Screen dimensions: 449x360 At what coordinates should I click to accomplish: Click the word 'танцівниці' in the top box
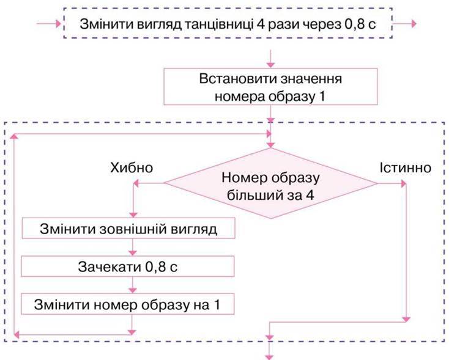[x=218, y=24]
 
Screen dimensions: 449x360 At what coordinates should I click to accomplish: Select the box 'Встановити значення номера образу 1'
[x=270, y=87]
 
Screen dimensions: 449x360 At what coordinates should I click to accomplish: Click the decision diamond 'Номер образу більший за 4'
[x=270, y=183]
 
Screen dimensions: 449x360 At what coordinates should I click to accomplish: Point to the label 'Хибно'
[x=132, y=167]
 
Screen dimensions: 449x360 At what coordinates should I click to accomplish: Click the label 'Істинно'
[x=406, y=167]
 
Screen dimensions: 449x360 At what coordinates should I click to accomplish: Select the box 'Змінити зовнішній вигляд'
[x=128, y=229]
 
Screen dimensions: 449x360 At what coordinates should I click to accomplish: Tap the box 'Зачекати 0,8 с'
[x=128, y=266]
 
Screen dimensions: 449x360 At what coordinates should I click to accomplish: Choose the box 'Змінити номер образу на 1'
[x=128, y=304]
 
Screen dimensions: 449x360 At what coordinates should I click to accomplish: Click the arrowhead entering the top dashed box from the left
[x=59, y=24]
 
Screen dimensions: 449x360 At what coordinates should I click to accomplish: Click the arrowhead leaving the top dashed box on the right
[x=414, y=24]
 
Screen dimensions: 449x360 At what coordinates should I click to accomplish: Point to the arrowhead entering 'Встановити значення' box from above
[x=270, y=65]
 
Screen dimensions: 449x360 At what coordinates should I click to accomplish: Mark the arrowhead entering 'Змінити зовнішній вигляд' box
[x=133, y=215]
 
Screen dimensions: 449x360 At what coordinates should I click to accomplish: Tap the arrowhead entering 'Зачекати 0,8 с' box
[x=133, y=253]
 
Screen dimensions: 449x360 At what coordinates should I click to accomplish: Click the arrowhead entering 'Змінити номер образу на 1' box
[x=133, y=291]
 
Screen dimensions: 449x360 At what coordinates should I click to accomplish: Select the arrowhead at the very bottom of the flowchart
[x=269, y=357]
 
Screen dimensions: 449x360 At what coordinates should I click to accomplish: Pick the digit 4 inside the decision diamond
[x=310, y=196]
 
